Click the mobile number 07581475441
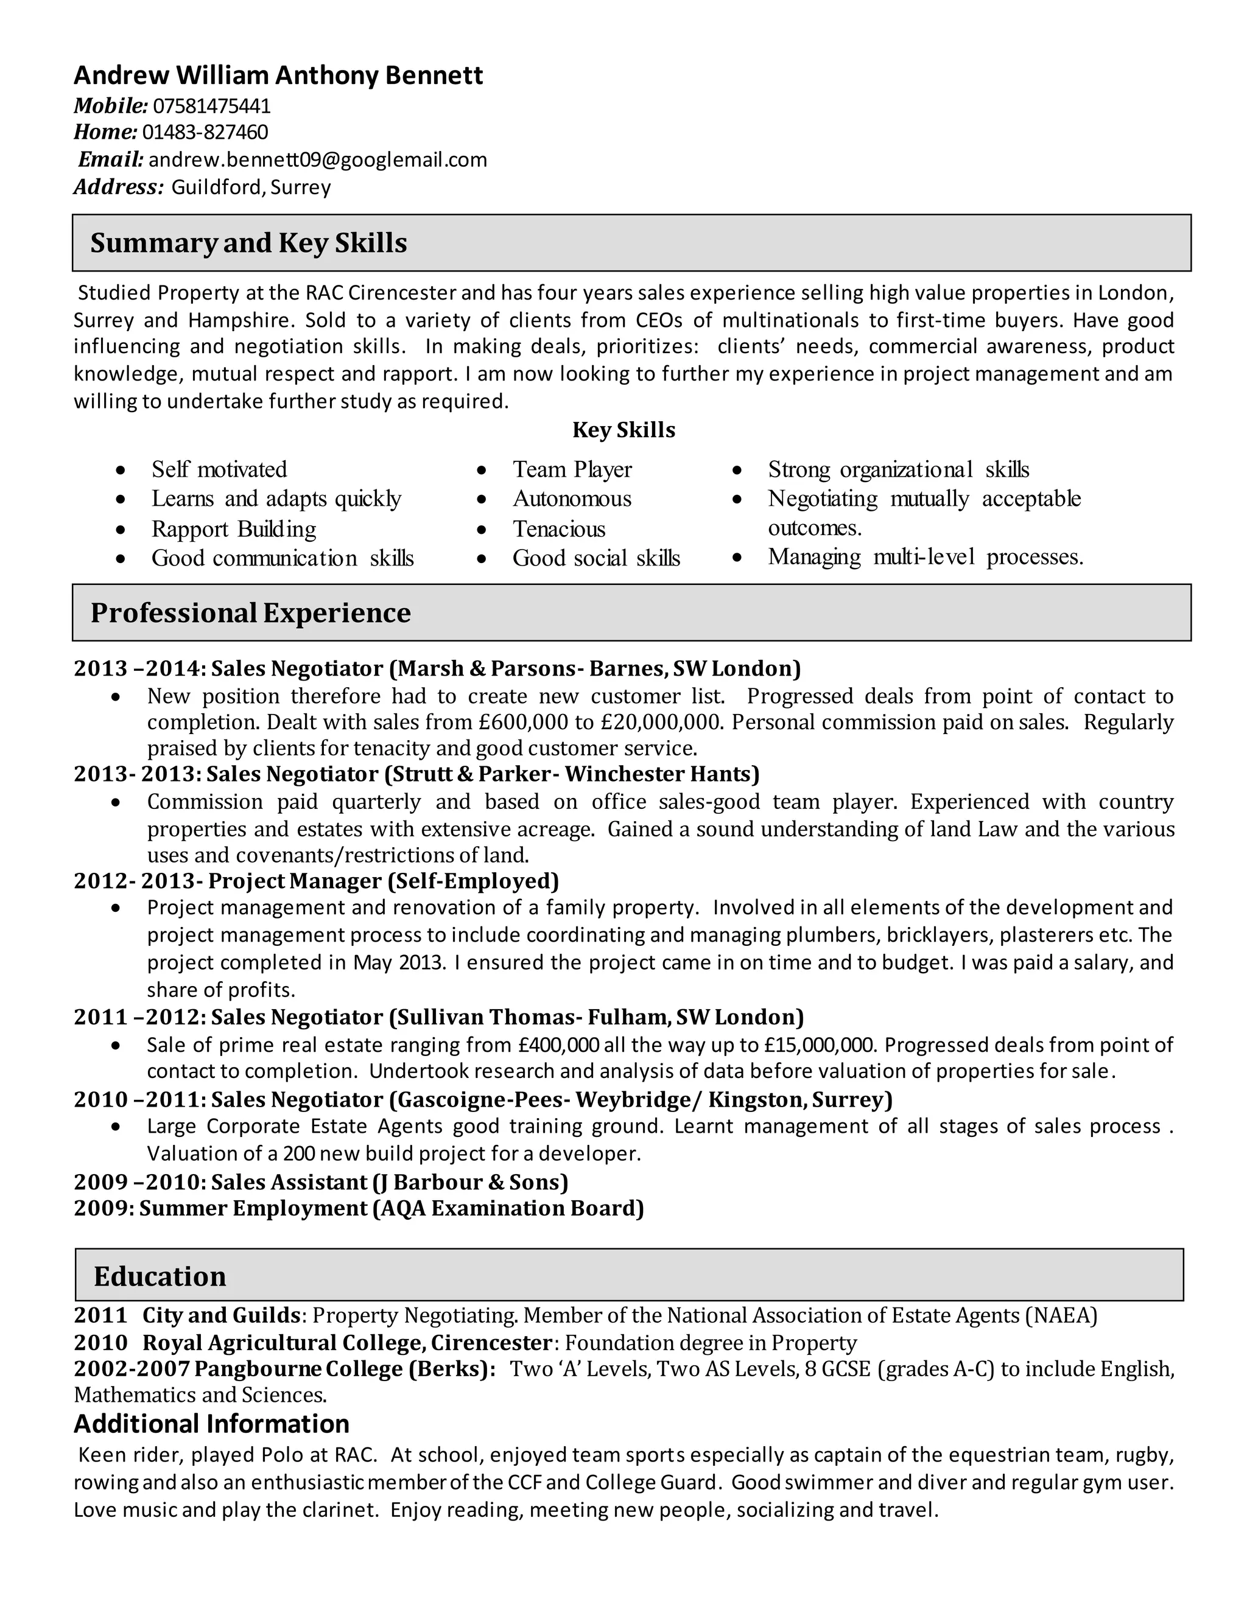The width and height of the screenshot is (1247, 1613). click(211, 107)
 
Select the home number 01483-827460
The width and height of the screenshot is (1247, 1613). click(205, 132)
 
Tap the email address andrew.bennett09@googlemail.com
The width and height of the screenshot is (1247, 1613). click(318, 159)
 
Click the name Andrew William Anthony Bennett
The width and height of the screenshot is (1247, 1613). click(278, 75)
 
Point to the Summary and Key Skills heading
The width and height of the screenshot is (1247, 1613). click(248, 243)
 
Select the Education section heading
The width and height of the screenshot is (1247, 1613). click(160, 1276)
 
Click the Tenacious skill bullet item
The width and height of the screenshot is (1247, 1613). click(558, 529)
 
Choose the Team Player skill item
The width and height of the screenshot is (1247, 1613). click(572, 470)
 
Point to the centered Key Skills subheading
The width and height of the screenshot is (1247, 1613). click(623, 430)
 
